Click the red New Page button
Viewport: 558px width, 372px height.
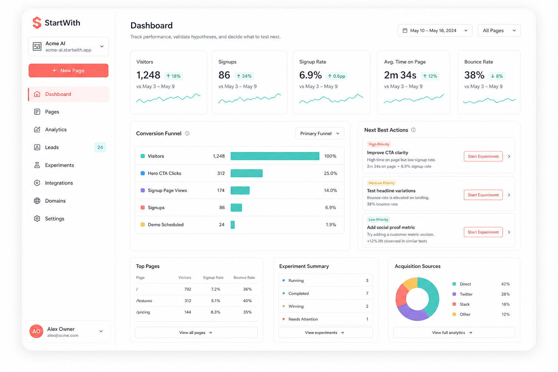pos(69,70)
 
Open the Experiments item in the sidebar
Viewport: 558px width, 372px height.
pos(59,165)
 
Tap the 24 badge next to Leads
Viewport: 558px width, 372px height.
pos(100,147)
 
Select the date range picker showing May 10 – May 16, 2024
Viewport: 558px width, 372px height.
pos(435,31)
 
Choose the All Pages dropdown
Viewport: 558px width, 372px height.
pos(499,31)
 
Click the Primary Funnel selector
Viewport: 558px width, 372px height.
pos(320,134)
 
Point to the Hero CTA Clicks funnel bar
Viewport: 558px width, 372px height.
pos(247,173)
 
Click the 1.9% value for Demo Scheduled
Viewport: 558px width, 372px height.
pos(331,225)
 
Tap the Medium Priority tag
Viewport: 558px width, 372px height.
pos(382,183)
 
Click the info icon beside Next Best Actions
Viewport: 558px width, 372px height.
pos(413,130)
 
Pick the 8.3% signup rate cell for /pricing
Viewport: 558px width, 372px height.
pos(215,312)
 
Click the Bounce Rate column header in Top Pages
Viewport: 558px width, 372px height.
pos(244,278)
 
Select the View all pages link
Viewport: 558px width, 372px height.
pos(196,332)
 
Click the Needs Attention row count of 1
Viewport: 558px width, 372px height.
pos(367,319)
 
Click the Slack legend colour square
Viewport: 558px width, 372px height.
pos(454,304)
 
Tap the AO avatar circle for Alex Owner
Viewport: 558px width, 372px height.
pos(36,331)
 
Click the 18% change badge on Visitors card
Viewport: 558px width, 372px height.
pos(174,76)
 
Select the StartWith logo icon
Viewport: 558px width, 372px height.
pos(37,23)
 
